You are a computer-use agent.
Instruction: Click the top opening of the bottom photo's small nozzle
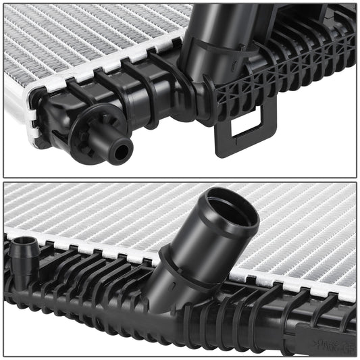(x=23, y=240)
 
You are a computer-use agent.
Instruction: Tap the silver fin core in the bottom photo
(x=101, y=209)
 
